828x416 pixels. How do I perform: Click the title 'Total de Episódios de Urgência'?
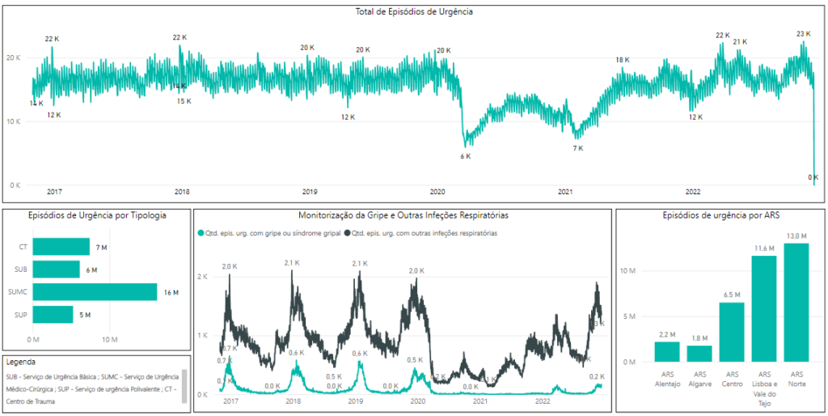pos(414,12)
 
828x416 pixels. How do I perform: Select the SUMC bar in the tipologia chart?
pos(95,292)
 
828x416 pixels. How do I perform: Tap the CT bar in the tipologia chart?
pos(61,247)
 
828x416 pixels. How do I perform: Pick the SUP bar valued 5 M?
pos(53,315)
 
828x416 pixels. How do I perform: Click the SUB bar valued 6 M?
pos(57,270)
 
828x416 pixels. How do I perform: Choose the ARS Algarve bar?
pos(699,354)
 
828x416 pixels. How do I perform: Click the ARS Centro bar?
pos(732,332)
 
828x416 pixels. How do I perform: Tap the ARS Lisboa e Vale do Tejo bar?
pos(764,308)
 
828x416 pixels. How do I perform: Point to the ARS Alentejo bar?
pos(667,351)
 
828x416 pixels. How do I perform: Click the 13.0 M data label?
pos(796,236)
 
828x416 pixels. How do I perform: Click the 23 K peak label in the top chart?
pos(803,34)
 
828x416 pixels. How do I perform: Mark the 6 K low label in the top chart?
pos(466,156)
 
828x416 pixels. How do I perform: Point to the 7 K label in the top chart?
pos(578,148)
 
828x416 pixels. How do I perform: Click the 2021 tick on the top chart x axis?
pos(565,192)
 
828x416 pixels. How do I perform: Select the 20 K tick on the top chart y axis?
pos(14,57)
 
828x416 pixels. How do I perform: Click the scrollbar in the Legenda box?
pos(184,385)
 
